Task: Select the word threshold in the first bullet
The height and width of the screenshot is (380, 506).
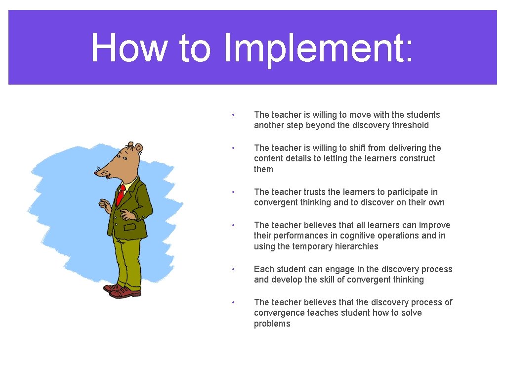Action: [x=410, y=125]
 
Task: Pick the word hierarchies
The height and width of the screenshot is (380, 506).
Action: [x=354, y=246]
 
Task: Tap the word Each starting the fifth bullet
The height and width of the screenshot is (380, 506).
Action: [x=263, y=269]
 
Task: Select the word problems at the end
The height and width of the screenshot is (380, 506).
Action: [x=272, y=324]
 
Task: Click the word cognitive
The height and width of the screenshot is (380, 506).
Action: [x=378, y=236]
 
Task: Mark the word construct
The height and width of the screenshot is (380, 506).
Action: [x=418, y=158]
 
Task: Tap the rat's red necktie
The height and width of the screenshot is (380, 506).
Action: [x=120, y=194]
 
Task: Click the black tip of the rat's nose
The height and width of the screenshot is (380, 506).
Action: [x=96, y=173]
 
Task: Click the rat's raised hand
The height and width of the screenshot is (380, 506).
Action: [x=104, y=204]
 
